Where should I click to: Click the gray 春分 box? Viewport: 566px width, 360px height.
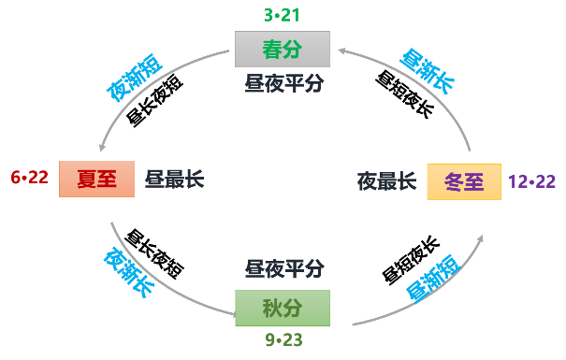282,49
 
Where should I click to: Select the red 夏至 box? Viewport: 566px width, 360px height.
96,179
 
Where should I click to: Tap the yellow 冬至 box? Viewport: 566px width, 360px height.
464,181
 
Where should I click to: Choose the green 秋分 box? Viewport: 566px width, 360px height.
282,308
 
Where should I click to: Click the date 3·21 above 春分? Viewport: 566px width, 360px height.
283,15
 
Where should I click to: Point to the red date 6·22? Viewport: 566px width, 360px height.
29,178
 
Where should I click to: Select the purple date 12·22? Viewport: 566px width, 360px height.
531,181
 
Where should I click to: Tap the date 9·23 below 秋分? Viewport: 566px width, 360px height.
283,340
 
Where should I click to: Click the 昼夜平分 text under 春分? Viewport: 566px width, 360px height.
283,83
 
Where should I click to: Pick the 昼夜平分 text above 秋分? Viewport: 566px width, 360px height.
283,269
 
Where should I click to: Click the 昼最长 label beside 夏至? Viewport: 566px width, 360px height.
173,179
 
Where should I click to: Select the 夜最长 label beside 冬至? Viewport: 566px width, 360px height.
385,181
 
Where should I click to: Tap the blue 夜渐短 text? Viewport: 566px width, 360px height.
134,78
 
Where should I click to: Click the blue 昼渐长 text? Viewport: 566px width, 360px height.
427,72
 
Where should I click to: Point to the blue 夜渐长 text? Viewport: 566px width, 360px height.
129,272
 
